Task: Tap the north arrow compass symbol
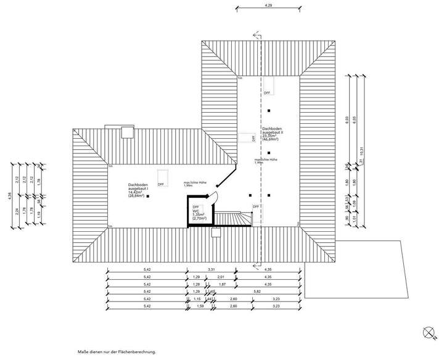point(429,332)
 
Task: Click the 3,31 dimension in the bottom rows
point(211,270)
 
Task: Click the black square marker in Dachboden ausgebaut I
point(148,196)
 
